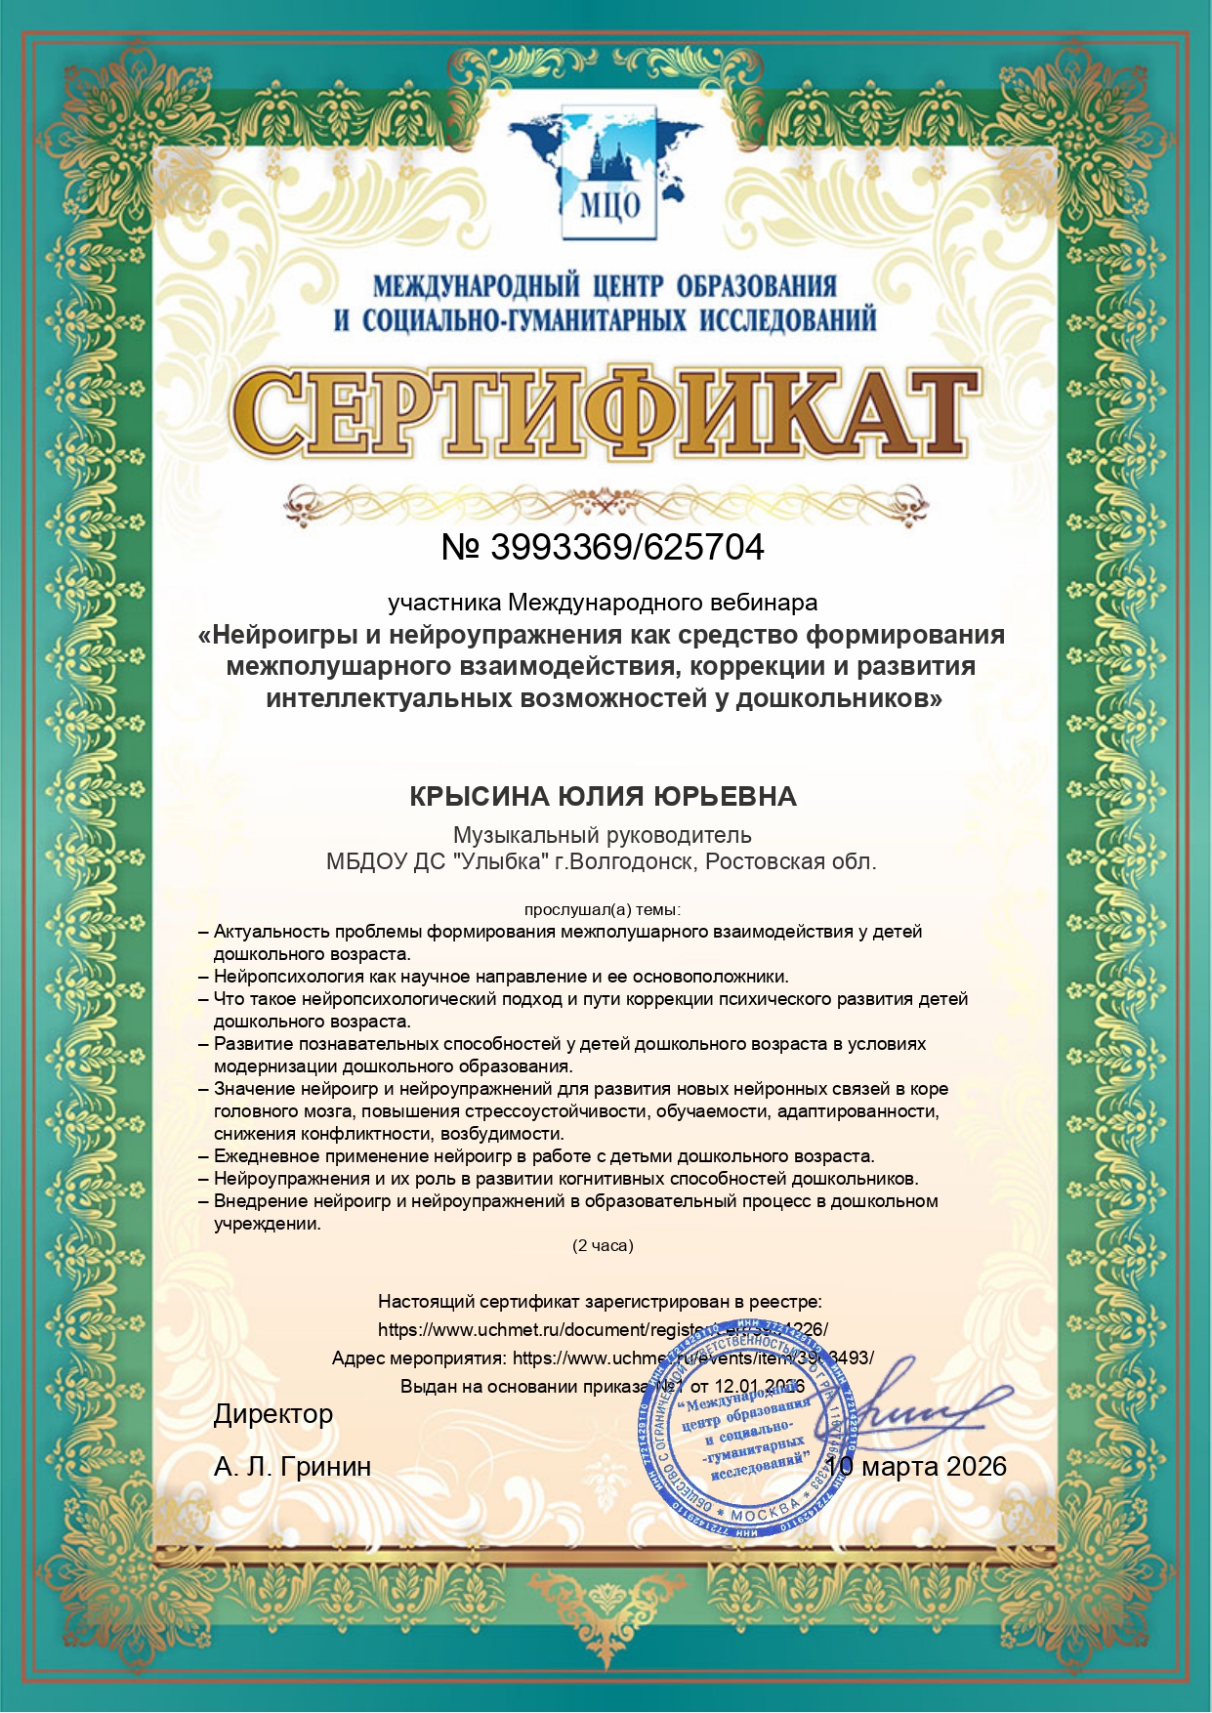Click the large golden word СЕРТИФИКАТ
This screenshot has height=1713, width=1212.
click(605, 415)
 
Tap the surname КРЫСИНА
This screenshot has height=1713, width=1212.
click(479, 797)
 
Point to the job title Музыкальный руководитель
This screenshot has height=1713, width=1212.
click(602, 835)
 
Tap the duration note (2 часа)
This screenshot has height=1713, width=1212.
click(603, 1245)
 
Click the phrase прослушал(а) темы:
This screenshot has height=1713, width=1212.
click(602, 909)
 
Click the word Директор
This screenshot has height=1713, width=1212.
click(273, 1414)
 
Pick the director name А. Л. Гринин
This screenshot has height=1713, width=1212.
click(292, 1466)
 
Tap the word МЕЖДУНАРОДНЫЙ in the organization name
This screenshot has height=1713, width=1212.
click(476, 286)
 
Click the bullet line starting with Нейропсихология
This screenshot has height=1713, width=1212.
click(500, 977)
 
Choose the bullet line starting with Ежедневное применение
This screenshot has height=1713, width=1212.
click(543, 1156)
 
